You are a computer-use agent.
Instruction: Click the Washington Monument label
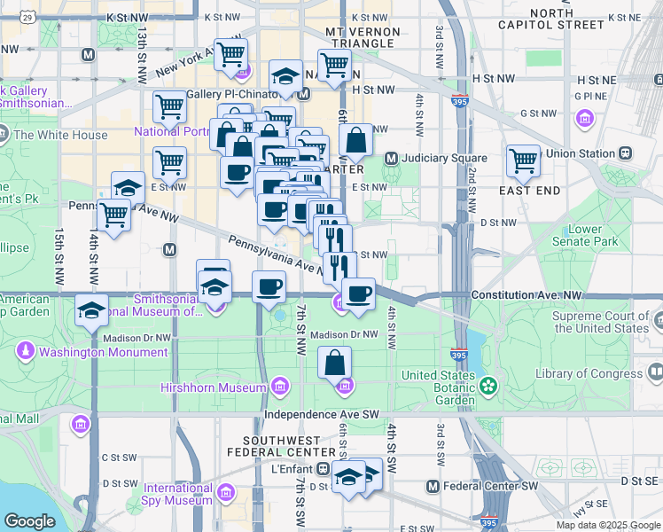[x=103, y=352]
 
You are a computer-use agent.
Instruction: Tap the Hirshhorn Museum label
[x=213, y=387]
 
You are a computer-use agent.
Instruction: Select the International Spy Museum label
[x=178, y=494]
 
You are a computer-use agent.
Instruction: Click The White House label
[x=60, y=136]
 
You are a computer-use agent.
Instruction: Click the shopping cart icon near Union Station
[x=524, y=161]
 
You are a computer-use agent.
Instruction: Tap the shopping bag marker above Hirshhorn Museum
[x=335, y=363]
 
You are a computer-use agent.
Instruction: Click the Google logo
[x=29, y=521]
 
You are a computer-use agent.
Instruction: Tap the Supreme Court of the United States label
[x=600, y=322]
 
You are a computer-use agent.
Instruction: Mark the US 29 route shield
[x=28, y=17]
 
